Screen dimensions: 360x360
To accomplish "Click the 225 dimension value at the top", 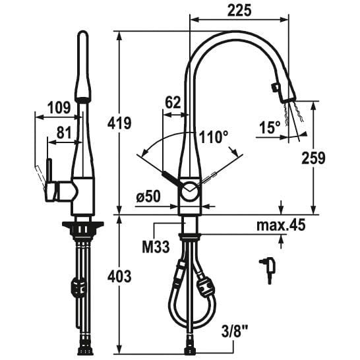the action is tap(239, 11).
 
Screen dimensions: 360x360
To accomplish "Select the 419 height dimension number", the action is tap(119, 123).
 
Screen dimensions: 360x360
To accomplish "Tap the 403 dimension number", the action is tap(119, 276).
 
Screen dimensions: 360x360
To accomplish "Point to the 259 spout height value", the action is tap(313, 158).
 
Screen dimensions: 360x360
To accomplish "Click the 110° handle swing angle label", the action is tap(214, 137).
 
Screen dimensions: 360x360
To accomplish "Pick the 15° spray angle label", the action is tap(270, 127).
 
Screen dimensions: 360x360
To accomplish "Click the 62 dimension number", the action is tap(173, 103).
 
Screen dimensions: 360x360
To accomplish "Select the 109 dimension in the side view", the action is tap(59, 107).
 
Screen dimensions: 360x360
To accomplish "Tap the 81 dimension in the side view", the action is tap(64, 133).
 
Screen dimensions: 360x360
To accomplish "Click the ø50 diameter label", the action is tap(148, 196).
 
